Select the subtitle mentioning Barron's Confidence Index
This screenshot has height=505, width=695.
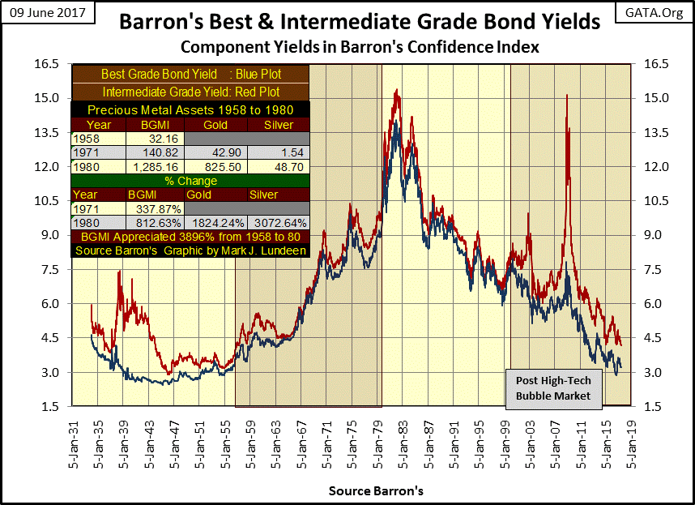pos(360,48)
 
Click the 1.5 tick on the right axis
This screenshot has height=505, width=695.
pos(655,406)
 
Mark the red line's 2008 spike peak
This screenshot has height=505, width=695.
pos(566,96)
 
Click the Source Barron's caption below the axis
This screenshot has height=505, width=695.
pos(376,491)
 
